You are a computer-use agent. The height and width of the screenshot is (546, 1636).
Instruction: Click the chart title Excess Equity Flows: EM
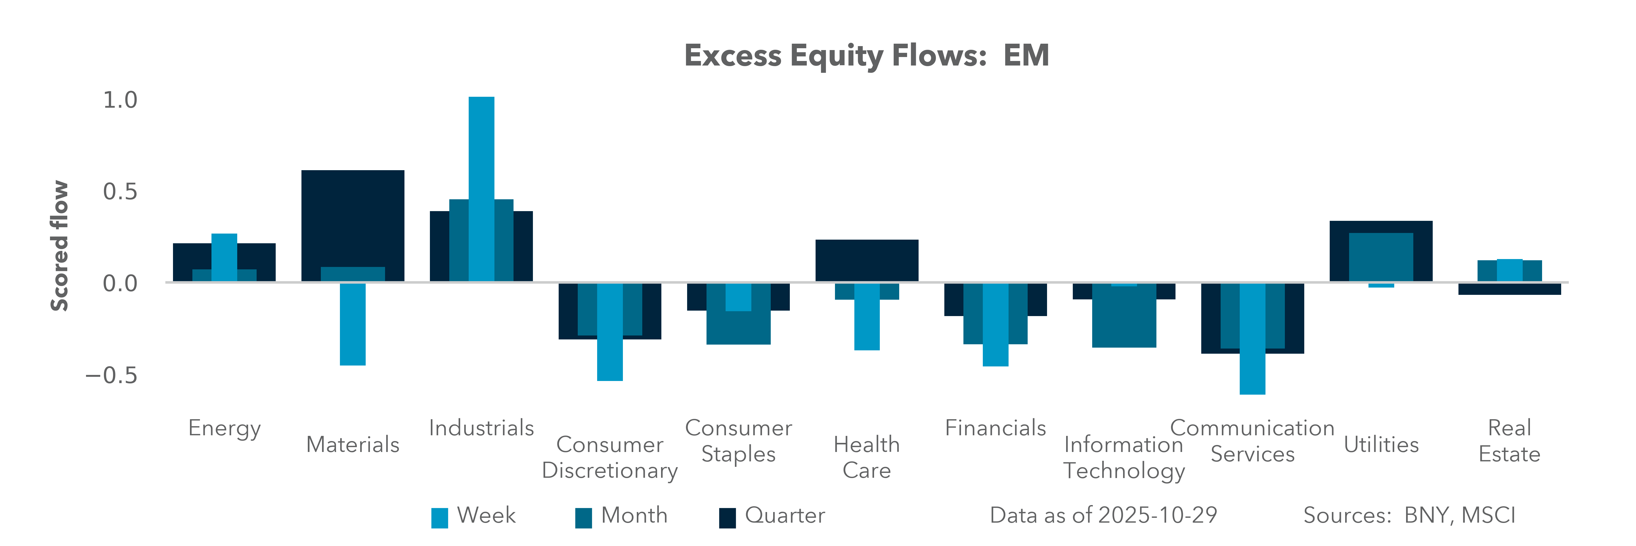point(866,56)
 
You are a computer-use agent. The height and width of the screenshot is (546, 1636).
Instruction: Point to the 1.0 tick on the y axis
point(120,100)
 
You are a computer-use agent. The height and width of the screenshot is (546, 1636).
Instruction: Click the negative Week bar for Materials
point(352,324)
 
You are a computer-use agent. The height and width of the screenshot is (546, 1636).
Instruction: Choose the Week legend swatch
point(440,517)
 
